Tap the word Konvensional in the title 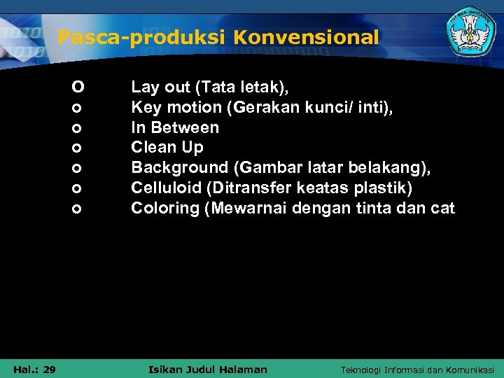point(306,37)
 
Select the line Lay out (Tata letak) point(210,87)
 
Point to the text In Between point(175,127)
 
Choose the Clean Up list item point(167,148)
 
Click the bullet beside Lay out point(78,87)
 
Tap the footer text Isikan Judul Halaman point(209,369)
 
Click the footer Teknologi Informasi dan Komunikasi point(417,370)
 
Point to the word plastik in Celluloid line point(387,188)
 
